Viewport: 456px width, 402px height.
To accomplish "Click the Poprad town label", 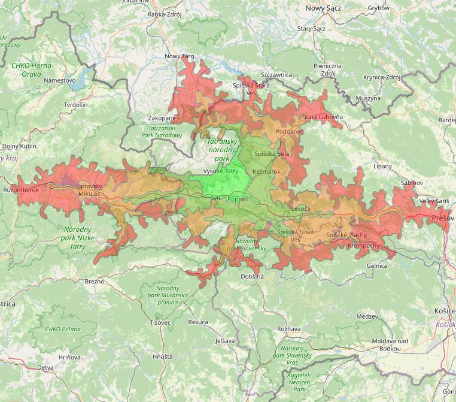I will click(x=238, y=199).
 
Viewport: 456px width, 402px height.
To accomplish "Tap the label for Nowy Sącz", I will click(x=324, y=8).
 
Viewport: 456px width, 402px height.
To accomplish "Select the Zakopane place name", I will click(x=162, y=118).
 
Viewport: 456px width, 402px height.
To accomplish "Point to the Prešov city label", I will click(x=443, y=219).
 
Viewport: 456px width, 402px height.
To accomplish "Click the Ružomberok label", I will click(x=20, y=190).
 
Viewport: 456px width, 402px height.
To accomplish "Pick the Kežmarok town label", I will click(x=266, y=172).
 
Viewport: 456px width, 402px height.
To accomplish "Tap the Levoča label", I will click(x=300, y=208).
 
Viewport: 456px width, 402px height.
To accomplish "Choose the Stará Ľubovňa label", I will click(x=323, y=116).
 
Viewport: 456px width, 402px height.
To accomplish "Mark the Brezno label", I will click(x=94, y=281).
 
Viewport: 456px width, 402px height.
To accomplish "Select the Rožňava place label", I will click(x=288, y=329).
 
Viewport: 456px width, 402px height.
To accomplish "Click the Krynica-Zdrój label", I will click(x=381, y=77).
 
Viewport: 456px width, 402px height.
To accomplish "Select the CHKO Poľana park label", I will click(x=63, y=329).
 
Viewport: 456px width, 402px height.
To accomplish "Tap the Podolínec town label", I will click(x=290, y=131).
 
